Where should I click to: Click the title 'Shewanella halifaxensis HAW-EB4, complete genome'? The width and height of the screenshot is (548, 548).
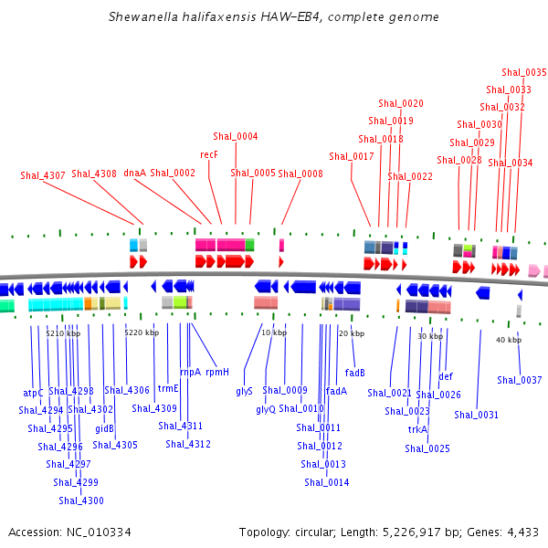[x=273, y=16]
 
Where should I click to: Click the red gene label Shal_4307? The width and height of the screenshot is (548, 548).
[x=43, y=175]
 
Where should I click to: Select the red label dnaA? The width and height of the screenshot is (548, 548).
[x=134, y=173]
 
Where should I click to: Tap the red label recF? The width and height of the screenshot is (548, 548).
[x=209, y=154]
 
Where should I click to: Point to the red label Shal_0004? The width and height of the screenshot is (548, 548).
[x=236, y=137]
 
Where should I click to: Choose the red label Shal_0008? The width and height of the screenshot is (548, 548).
[x=300, y=173]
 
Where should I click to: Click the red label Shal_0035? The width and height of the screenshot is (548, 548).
[x=524, y=73]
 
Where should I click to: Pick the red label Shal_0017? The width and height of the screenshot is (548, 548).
[x=352, y=156]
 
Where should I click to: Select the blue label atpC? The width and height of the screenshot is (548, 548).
[x=33, y=393]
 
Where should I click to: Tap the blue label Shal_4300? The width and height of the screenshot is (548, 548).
[x=81, y=501]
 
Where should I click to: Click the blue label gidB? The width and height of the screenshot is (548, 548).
[x=104, y=427]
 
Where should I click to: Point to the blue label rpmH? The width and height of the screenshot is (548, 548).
[x=217, y=372]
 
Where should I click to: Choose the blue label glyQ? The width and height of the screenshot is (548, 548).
[x=266, y=409]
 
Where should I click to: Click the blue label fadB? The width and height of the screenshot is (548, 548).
[x=355, y=373]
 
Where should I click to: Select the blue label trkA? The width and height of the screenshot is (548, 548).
[x=417, y=429]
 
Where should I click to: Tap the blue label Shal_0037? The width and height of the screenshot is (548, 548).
[x=520, y=380]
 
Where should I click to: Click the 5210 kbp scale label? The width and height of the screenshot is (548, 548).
[x=63, y=333]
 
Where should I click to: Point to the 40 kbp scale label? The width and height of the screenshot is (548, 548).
[x=509, y=340]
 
